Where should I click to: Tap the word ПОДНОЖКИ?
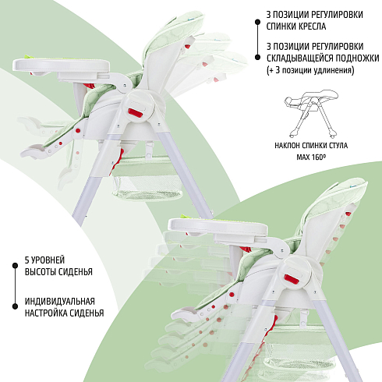357,58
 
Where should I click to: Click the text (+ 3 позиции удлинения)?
310,70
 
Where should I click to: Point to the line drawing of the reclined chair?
311,114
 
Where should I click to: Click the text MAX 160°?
311,157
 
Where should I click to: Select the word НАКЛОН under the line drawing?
287,146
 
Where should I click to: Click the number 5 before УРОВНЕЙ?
27,260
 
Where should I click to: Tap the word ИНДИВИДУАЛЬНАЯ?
60,302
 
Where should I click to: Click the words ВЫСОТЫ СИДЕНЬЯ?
58,272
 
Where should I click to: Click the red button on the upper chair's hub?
135,112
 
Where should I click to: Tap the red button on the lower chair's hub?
292,279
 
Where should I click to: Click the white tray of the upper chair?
62,65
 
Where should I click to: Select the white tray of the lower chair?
218,226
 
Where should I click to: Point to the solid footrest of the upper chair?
35,151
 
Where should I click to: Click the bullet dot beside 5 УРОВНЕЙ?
15,266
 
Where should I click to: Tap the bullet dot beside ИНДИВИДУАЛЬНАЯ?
15,306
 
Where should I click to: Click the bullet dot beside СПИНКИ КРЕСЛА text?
257,23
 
